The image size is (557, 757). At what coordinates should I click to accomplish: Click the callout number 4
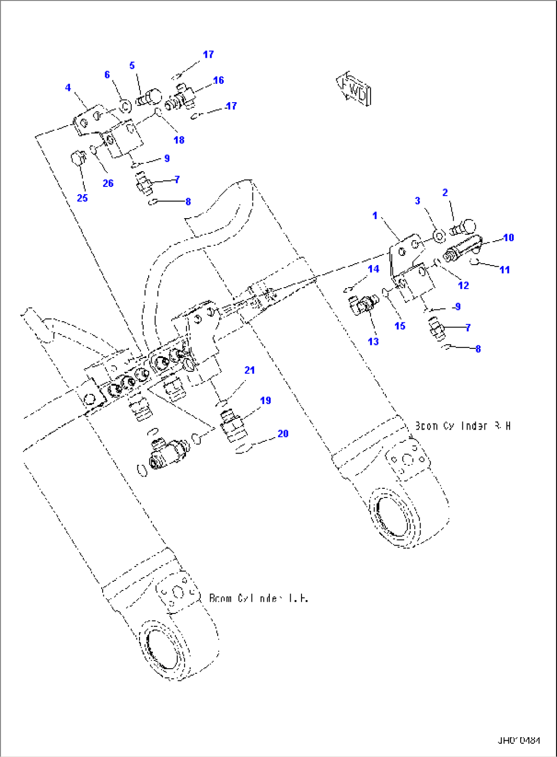tap(68, 88)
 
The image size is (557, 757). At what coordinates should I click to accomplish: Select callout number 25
tap(82, 198)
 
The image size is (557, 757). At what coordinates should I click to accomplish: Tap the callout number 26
tap(108, 183)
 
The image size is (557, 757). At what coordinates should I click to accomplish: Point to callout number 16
tap(218, 80)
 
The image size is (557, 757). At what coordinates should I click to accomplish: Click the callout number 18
tap(179, 140)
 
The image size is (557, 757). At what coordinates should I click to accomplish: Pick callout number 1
tap(375, 216)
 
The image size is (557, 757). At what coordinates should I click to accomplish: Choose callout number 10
tap(508, 238)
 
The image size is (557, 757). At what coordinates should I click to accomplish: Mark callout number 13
tap(373, 341)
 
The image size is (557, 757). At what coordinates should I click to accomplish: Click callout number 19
tap(265, 400)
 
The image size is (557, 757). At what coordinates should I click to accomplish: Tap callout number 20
tap(283, 434)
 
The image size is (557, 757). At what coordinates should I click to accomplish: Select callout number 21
tap(249, 370)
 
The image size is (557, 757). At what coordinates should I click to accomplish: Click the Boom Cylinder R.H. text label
tap(462, 426)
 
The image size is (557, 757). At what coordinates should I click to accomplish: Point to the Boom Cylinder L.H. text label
tap(259, 598)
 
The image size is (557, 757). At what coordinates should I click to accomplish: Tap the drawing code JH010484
tap(519, 740)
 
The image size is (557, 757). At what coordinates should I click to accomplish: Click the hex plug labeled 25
tap(77, 158)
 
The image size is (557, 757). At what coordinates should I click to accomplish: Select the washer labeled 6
tap(125, 106)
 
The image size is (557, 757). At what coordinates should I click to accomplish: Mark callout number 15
tap(400, 326)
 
